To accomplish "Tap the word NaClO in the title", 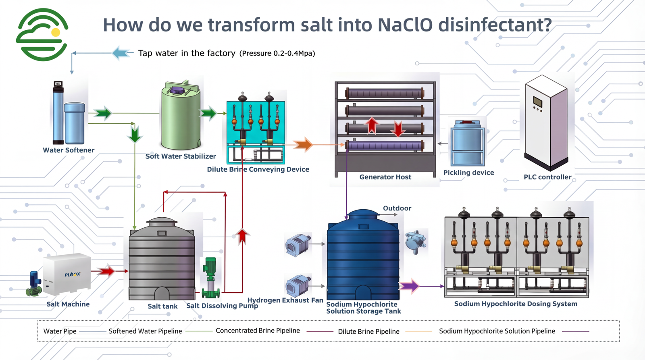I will click(x=405, y=25).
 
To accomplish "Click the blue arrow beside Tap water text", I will click(x=122, y=53).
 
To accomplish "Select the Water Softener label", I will click(x=69, y=150).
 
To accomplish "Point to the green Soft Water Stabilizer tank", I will click(x=180, y=117).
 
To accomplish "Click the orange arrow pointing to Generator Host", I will click(x=303, y=144).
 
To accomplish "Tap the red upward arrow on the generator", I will click(x=372, y=125).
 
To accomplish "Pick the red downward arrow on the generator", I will click(x=398, y=129).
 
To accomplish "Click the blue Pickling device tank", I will click(x=468, y=143).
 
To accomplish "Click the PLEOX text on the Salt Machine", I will click(x=73, y=274).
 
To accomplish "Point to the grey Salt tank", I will click(x=162, y=262).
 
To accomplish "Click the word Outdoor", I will click(x=397, y=208).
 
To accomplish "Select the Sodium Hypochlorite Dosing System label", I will click(x=516, y=304).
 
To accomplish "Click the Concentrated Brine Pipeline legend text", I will click(x=258, y=331).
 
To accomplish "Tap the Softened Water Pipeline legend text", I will click(x=145, y=331).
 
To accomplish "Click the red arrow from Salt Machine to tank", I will click(x=106, y=271).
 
